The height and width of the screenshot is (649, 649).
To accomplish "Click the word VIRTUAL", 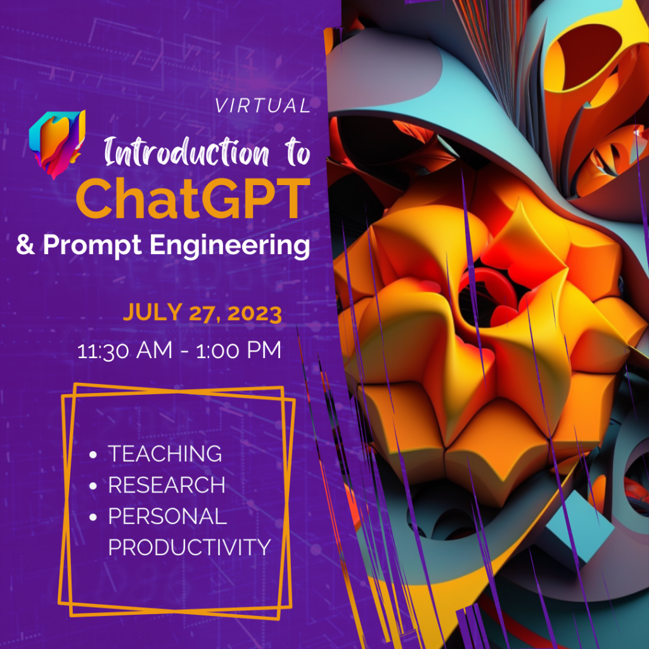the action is (263, 106).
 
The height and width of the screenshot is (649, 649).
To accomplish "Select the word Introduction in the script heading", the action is (186, 152).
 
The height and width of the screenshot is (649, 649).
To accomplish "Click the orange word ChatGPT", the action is (193, 199).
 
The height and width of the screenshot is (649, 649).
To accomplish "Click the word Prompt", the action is (93, 245).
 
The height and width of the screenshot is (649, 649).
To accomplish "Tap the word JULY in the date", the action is (153, 312).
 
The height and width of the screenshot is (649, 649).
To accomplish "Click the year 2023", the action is (255, 313).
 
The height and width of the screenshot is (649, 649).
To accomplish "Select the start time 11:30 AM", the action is (125, 350).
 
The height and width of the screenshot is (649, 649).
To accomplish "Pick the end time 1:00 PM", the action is (238, 350).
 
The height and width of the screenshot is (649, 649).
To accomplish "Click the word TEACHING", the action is (165, 454).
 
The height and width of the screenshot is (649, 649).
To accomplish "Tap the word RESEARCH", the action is (167, 485).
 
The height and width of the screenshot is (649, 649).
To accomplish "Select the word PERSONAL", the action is (167, 516).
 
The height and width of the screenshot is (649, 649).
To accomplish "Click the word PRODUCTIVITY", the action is (189, 547).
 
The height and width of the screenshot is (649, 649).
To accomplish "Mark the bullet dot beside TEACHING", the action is (93, 454).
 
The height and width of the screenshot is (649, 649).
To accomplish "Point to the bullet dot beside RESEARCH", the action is (93, 485).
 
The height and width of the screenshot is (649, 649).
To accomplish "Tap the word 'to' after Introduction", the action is (297, 153).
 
